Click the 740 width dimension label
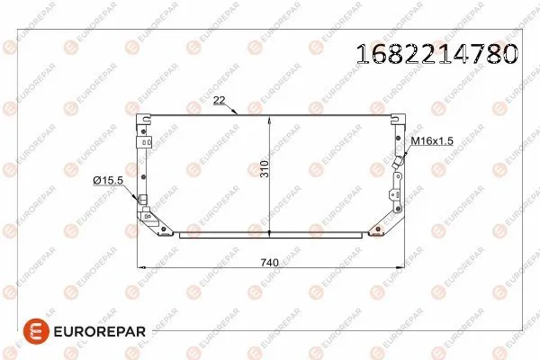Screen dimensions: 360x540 point(269,262)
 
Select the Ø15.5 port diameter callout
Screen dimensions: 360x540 point(107,181)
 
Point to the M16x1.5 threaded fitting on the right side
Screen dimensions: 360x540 point(396,163)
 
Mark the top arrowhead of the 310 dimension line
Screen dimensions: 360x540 point(269,118)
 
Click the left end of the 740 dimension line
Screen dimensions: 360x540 point(136,267)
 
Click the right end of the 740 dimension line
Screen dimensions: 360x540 point(403,267)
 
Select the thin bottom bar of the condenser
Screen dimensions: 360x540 point(270,234)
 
